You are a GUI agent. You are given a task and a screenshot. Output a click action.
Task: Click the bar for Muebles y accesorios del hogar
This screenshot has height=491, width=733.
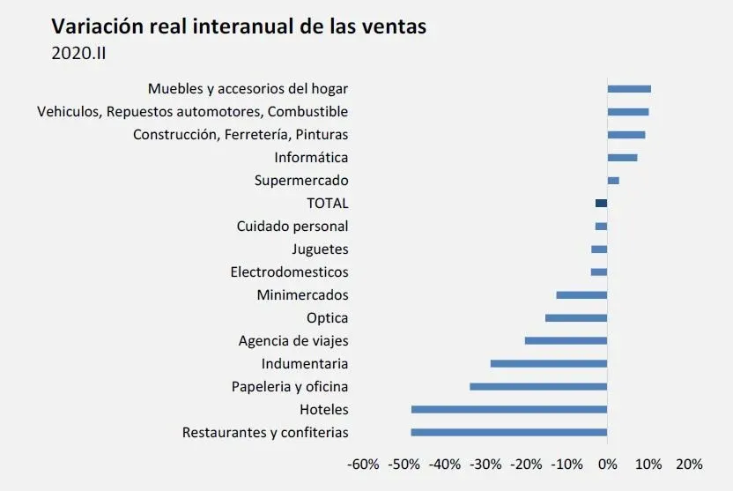coord(629,89)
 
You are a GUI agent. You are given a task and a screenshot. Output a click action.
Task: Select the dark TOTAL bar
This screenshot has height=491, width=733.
coord(601,204)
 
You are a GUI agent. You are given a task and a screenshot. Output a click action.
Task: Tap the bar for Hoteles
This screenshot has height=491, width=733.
coord(509,410)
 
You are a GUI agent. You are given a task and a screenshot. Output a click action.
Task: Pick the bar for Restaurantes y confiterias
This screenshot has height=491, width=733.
coord(509,433)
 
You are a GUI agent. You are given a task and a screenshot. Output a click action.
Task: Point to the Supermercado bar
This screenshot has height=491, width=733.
coord(613,181)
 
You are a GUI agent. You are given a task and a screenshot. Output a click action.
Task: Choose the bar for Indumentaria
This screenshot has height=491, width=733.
coord(549,364)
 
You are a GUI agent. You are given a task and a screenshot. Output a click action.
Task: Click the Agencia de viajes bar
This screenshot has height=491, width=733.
coord(566,341)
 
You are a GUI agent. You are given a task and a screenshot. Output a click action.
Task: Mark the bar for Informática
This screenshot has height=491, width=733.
coord(622,158)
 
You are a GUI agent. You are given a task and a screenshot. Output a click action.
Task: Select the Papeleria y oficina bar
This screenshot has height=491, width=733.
coord(538,387)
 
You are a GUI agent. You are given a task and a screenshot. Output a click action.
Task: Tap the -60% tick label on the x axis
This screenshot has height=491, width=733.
coord(363,465)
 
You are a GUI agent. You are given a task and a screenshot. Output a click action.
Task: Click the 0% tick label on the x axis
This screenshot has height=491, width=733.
coord(607,465)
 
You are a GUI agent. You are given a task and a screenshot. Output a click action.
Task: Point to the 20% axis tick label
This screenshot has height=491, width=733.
coord(689,465)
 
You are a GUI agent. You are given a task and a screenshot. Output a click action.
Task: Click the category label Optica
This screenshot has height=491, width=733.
coord(327,318)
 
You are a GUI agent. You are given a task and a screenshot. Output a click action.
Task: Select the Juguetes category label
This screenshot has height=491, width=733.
coord(320,249)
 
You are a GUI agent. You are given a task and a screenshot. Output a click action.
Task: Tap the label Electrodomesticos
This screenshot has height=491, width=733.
coord(289,272)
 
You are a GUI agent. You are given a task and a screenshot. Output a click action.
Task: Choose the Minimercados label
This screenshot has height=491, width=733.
coord(302,295)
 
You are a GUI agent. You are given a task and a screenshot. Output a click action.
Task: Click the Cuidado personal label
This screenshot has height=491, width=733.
coord(292,227)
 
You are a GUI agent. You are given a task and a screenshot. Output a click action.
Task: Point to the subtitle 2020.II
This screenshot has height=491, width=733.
coord(79,53)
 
